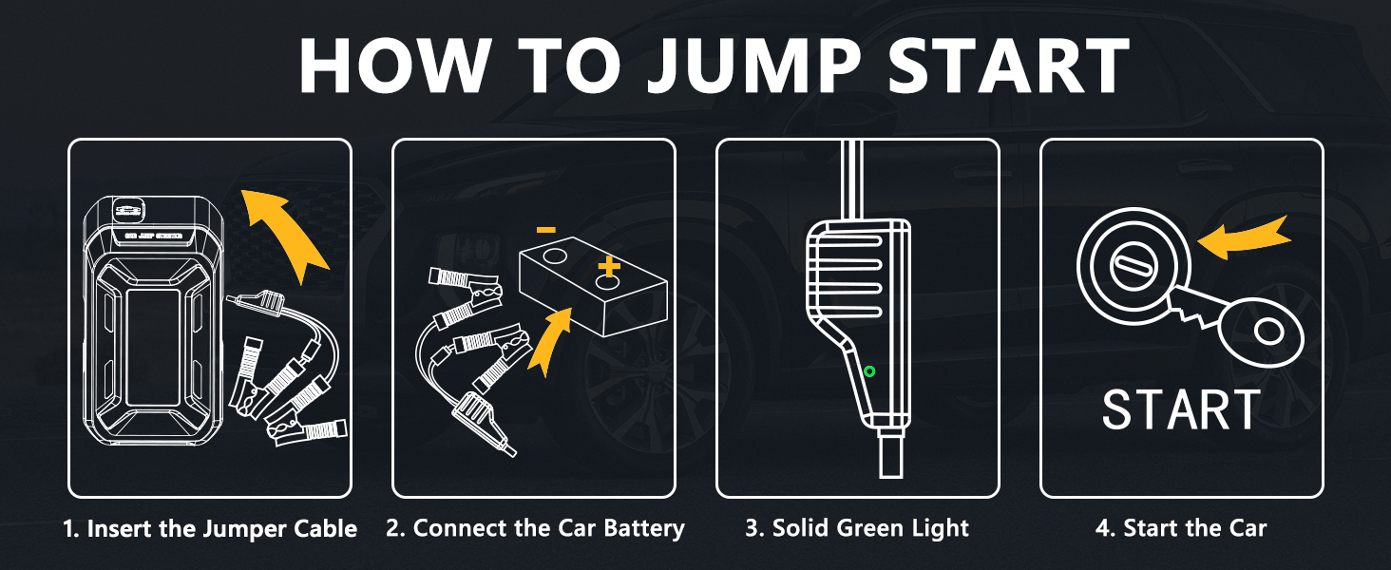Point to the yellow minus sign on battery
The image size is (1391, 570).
click(545, 230)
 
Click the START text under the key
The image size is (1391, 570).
click(1180, 410)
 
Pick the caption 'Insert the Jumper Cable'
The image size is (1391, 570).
click(210, 529)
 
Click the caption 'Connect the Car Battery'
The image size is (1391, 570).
click(535, 529)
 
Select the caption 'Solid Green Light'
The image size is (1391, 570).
click(857, 529)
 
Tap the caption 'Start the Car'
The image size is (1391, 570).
click(1181, 529)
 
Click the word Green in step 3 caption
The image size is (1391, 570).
click(867, 529)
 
